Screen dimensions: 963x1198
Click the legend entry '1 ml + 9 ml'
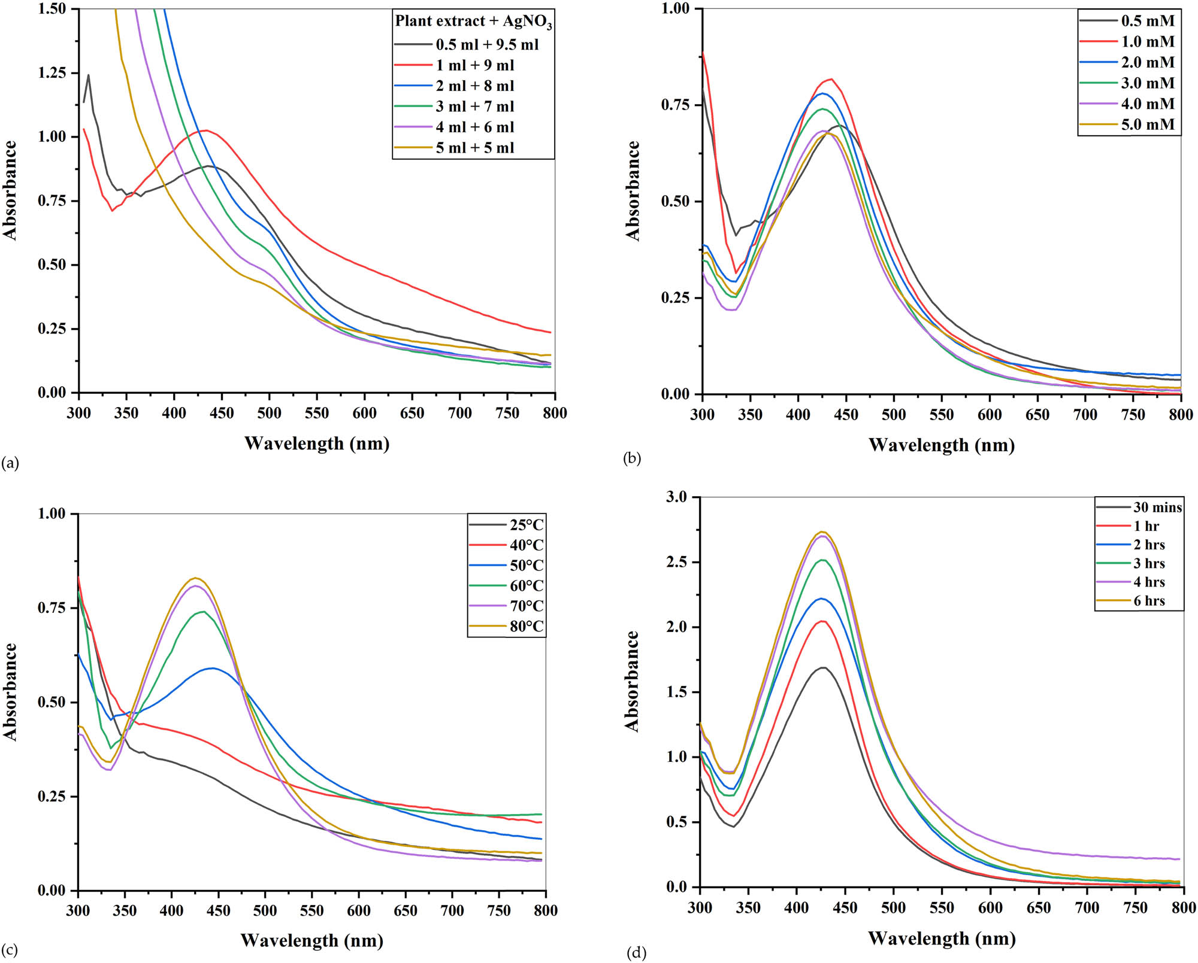coord(474,65)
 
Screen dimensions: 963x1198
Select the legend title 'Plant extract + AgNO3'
coord(473,22)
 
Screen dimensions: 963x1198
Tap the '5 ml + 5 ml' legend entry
coord(474,148)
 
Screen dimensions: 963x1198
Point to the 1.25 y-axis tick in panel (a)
coord(52,73)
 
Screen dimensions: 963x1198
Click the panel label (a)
coord(10,463)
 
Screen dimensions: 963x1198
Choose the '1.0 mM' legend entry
coord(1147,42)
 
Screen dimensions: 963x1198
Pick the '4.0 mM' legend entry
coord(1147,104)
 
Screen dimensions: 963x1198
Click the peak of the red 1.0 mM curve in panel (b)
coord(831,79)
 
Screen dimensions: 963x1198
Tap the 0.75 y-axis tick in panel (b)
coord(675,105)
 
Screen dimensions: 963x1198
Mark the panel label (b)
coord(632,458)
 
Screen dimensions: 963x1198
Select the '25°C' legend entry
coord(526,525)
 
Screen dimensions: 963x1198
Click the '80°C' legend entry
coord(526,627)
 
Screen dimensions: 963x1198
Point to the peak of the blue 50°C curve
coord(213,668)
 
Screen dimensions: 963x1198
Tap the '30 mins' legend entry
coord(1157,508)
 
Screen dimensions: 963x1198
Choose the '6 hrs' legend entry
coord(1148,601)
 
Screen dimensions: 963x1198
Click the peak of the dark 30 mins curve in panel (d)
coord(823,667)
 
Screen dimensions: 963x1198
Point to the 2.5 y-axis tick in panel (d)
coord(678,562)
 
